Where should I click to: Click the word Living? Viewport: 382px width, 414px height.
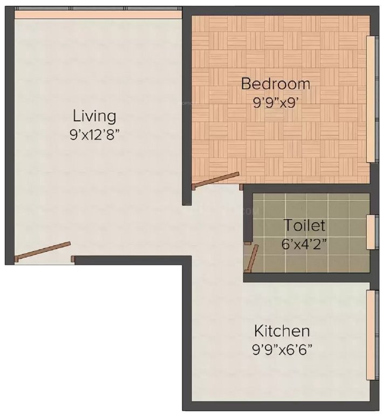(x=94, y=116)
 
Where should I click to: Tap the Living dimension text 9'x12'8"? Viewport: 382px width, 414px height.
(x=94, y=134)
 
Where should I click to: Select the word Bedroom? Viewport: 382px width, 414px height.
(x=276, y=84)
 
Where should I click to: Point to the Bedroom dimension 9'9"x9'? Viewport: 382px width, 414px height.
(x=276, y=102)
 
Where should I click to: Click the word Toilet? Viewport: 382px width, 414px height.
(x=305, y=225)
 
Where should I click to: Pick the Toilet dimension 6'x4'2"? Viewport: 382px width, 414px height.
(x=305, y=243)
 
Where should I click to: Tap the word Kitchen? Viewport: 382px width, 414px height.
(x=282, y=330)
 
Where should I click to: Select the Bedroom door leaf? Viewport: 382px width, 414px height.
(x=216, y=180)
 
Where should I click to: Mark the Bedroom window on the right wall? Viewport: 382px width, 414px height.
(x=371, y=99)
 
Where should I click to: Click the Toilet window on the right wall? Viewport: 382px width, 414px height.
(x=371, y=232)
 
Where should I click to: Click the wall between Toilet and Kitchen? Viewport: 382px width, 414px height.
(x=308, y=277)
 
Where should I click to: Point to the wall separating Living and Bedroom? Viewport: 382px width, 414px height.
(x=187, y=108)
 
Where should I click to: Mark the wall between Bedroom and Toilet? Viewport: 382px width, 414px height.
(x=308, y=188)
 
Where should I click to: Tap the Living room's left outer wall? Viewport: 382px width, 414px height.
(x=9, y=135)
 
